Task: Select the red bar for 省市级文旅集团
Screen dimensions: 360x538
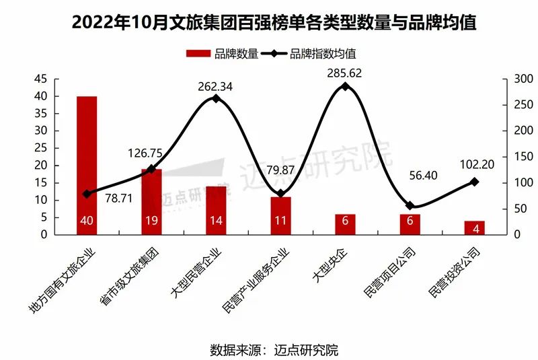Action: (x=151, y=201)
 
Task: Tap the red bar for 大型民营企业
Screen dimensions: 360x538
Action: (x=216, y=210)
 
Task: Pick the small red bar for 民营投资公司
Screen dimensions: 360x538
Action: (x=474, y=227)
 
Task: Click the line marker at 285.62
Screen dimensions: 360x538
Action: (x=345, y=86)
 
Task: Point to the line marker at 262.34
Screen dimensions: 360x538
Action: (x=216, y=98)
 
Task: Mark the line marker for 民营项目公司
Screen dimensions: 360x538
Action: (x=410, y=205)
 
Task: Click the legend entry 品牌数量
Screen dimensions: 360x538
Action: (x=221, y=54)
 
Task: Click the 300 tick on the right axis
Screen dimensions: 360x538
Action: (x=513, y=79)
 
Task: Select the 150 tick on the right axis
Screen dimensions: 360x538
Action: (x=513, y=157)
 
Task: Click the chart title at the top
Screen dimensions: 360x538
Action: (x=269, y=22)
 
